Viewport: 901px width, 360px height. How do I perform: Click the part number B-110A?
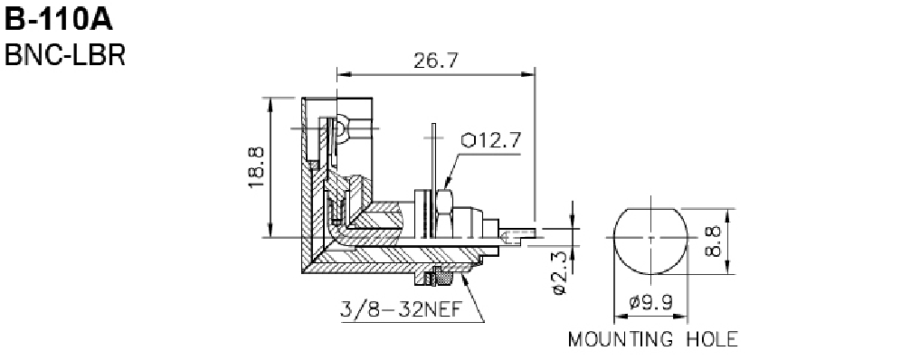pos(59,20)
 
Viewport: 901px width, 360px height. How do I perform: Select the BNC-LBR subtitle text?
pos(65,55)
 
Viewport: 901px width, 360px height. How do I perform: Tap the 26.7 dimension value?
pos(436,61)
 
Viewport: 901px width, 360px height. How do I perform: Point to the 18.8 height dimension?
pos(256,167)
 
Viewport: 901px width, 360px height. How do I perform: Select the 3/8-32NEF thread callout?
pos(401,309)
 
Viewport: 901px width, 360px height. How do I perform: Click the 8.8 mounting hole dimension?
pos(713,242)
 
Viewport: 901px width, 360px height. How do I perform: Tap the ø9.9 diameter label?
pos(650,302)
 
